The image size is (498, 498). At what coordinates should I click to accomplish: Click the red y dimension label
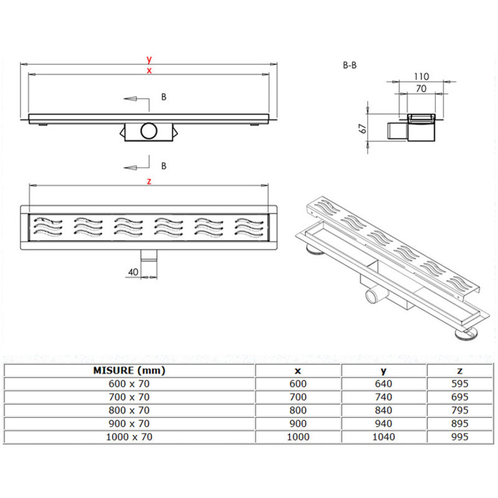click(149, 59)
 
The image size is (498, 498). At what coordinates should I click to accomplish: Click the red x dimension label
click(149, 70)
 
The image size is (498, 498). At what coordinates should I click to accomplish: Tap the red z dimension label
click(149, 181)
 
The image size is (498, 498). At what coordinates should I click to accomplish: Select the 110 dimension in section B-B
click(421, 77)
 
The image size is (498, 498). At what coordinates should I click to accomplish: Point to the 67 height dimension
click(362, 128)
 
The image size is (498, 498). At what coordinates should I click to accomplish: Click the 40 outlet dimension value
click(133, 272)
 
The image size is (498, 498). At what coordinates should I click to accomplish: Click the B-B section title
click(350, 65)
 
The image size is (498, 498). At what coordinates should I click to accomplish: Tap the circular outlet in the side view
click(149, 131)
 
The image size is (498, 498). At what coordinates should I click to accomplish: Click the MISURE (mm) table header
click(129, 370)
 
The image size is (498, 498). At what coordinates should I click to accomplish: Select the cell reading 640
click(383, 383)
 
